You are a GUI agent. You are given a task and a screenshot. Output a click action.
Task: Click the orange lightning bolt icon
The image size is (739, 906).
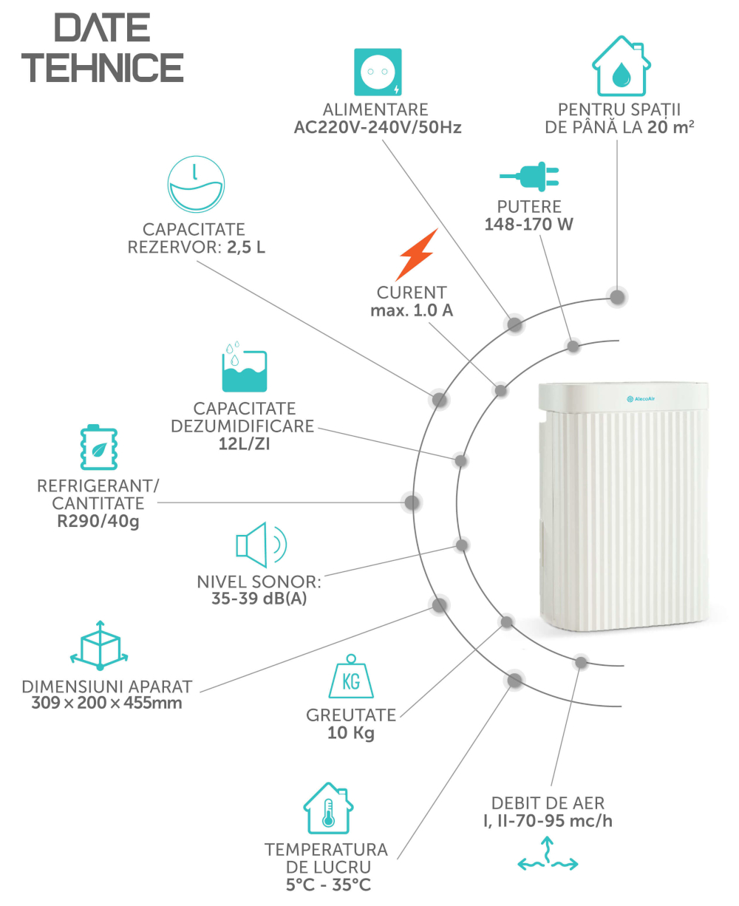[416, 254]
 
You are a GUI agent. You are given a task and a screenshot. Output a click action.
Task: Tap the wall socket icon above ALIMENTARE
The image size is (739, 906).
[377, 72]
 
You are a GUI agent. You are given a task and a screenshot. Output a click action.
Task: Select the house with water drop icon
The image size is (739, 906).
[621, 66]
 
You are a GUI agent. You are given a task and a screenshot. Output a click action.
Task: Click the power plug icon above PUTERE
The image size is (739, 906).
[529, 176]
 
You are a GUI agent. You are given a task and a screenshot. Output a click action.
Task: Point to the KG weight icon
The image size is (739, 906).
[350, 676]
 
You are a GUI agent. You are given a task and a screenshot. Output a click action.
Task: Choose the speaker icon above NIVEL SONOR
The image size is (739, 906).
[261, 545]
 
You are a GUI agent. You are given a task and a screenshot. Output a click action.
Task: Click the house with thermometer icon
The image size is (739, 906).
[328, 808]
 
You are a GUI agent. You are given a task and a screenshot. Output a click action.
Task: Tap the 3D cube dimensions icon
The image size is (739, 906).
[99, 645]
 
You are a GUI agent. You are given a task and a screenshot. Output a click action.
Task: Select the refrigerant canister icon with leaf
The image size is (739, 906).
[99, 447]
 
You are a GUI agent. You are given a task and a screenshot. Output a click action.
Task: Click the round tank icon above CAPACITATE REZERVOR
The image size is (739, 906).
[196, 184]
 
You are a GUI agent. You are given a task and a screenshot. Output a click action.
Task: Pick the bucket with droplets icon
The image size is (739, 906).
[244, 367]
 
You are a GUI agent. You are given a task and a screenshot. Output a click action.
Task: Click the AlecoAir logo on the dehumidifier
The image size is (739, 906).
[641, 399]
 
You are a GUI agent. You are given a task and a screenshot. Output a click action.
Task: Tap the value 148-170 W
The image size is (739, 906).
[528, 224]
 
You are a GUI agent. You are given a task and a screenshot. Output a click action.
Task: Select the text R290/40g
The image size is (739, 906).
[98, 521]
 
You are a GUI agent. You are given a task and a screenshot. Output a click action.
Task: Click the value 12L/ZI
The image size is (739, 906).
[244, 444]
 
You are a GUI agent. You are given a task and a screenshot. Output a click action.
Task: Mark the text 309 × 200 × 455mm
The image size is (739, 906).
[106, 703]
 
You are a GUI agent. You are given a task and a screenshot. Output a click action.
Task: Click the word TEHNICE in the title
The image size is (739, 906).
[103, 67]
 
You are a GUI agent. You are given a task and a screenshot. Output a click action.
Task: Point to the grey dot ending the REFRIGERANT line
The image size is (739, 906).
[412, 503]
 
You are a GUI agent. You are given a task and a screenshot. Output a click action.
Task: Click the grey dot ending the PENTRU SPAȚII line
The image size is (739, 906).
[617, 297]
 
